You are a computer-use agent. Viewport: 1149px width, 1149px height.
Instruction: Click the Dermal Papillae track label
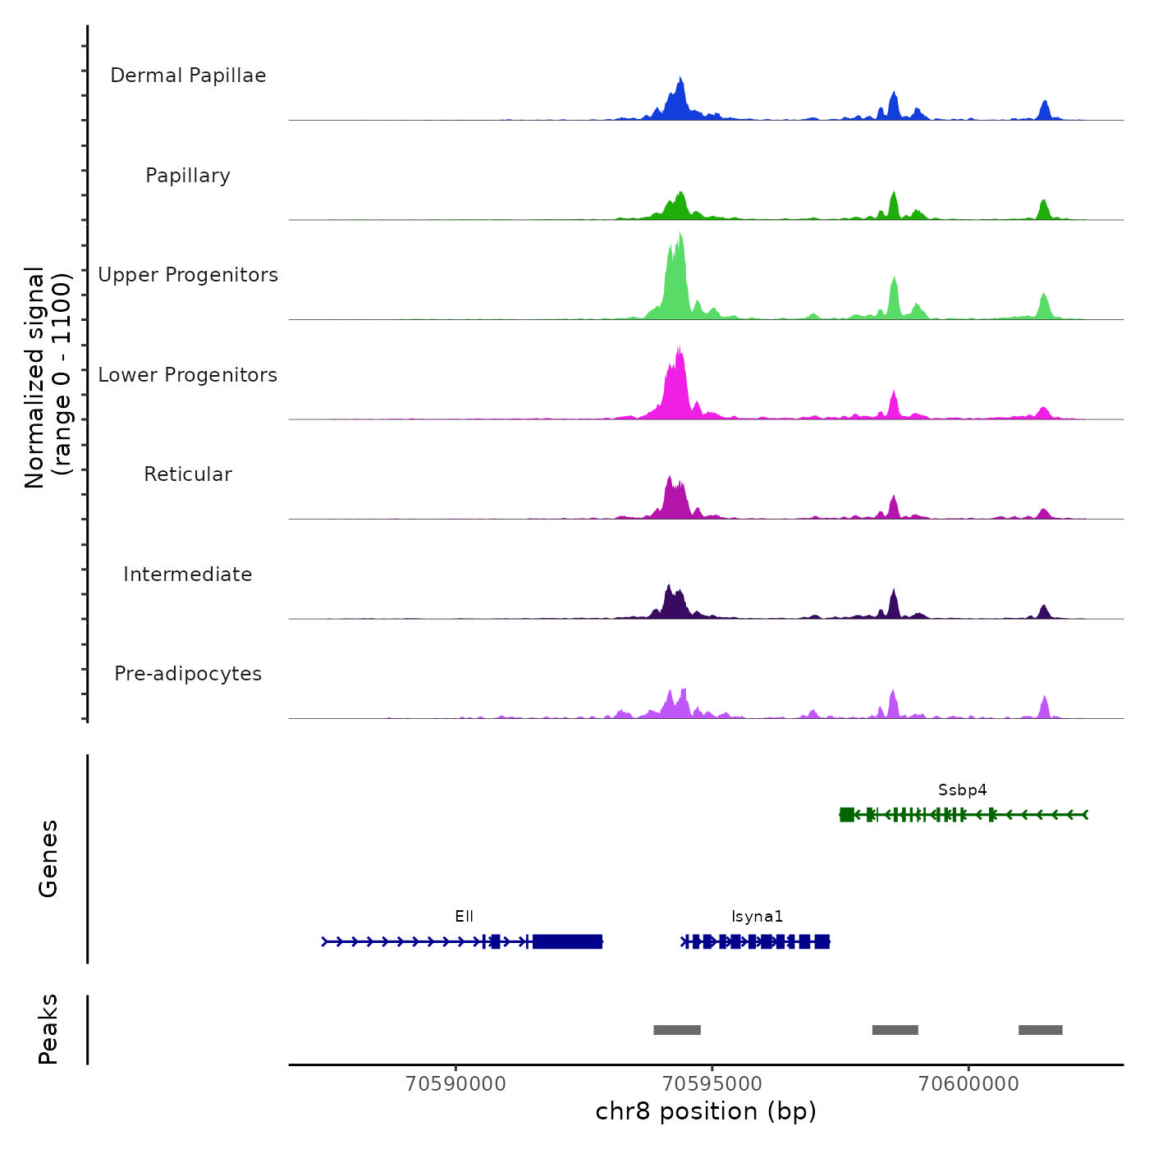[188, 76]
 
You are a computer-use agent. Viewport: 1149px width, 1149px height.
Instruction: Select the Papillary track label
[188, 176]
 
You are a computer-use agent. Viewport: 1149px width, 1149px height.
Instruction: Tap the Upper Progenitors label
[188, 275]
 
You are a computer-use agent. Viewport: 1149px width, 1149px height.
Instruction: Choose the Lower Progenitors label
[188, 375]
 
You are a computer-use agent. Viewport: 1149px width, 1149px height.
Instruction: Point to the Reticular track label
[188, 474]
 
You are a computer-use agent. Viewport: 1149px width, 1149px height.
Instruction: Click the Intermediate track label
[188, 574]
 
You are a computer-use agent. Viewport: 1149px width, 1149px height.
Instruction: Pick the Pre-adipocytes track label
[188, 674]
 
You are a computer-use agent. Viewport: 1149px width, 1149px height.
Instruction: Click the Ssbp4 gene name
[963, 790]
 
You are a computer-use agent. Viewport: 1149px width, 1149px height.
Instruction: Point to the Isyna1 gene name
[757, 917]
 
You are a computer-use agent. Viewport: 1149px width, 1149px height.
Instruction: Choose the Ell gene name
[465, 917]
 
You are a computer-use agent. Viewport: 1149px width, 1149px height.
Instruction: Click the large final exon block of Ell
[567, 941]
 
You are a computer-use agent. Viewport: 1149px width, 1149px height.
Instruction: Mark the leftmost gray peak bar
[677, 1030]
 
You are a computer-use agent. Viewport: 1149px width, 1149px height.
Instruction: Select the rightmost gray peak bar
[1041, 1030]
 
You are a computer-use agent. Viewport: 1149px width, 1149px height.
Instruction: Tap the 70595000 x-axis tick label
[712, 1084]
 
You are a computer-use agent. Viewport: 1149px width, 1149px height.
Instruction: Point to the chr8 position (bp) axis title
[706, 1111]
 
